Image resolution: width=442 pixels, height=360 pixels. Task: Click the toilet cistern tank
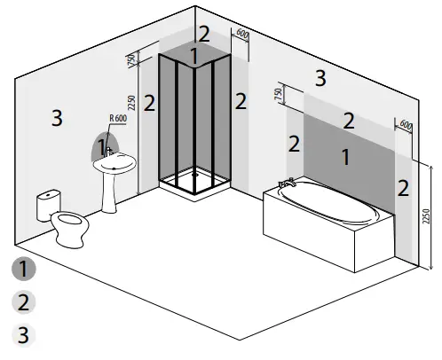coord(47,206)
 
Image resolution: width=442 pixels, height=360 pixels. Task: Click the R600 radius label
coord(117,119)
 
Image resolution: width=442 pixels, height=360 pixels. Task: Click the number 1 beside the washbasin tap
coord(102,145)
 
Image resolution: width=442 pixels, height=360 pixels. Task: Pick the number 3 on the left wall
coord(57,117)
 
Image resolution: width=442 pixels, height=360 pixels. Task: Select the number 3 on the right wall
coord(320,77)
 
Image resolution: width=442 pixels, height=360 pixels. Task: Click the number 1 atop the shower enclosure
coord(194,56)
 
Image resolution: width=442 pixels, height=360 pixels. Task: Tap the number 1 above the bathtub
coord(345,156)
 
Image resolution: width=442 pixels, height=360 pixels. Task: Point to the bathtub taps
coord(286,184)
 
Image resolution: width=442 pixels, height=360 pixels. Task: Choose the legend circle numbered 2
coord(26,302)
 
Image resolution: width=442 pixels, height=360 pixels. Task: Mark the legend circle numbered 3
coord(26,336)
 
